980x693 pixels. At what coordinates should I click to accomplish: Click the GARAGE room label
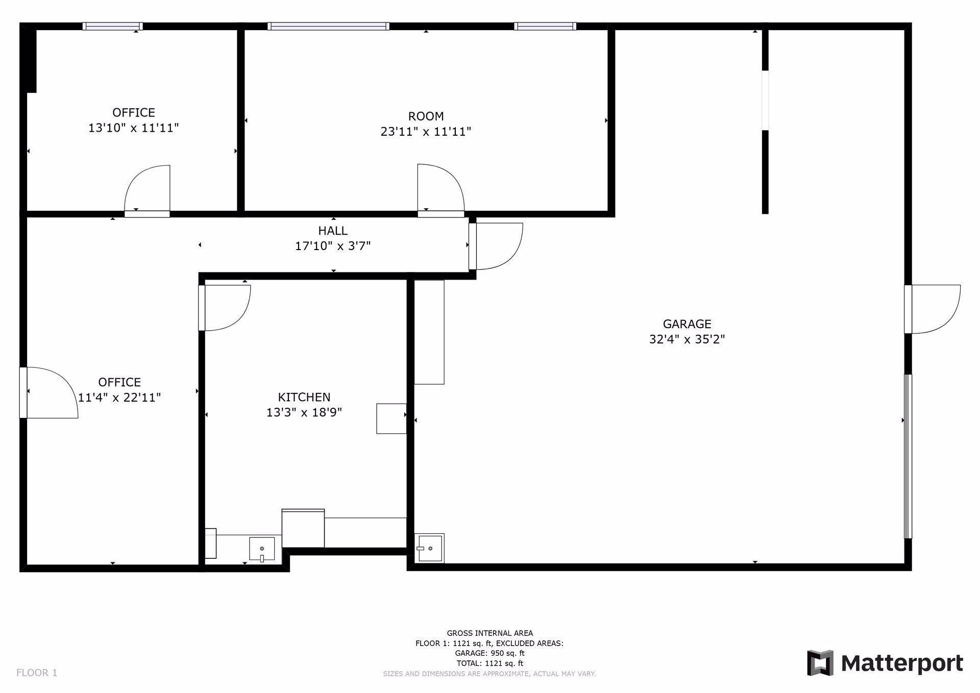pyautogui.click(x=687, y=324)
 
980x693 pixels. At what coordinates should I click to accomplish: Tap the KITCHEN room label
pyautogui.click(x=304, y=397)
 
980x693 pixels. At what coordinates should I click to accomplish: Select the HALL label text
pyautogui.click(x=333, y=231)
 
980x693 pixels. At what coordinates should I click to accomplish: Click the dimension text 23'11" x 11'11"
pyautogui.click(x=426, y=132)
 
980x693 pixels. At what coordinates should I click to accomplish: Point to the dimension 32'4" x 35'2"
pyautogui.click(x=687, y=339)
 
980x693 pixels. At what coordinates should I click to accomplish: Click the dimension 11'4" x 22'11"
pyautogui.click(x=119, y=398)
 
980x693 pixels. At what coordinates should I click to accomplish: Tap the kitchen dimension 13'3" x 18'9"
pyautogui.click(x=304, y=412)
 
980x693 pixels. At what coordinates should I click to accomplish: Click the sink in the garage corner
pyautogui.click(x=429, y=549)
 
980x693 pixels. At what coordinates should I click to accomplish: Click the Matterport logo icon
pyautogui.click(x=820, y=663)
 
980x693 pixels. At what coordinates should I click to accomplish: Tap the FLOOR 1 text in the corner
pyautogui.click(x=37, y=673)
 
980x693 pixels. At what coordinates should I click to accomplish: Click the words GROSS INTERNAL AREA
pyautogui.click(x=489, y=633)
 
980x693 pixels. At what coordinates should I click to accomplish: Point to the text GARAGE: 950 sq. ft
pyautogui.click(x=489, y=653)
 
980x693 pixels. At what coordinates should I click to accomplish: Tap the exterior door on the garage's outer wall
pyautogui.click(x=933, y=309)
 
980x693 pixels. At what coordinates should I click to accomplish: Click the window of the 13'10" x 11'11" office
pyautogui.click(x=113, y=27)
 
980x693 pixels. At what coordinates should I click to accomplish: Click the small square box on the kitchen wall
pyautogui.click(x=391, y=418)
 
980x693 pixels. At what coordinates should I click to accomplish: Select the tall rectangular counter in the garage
pyautogui.click(x=429, y=332)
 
